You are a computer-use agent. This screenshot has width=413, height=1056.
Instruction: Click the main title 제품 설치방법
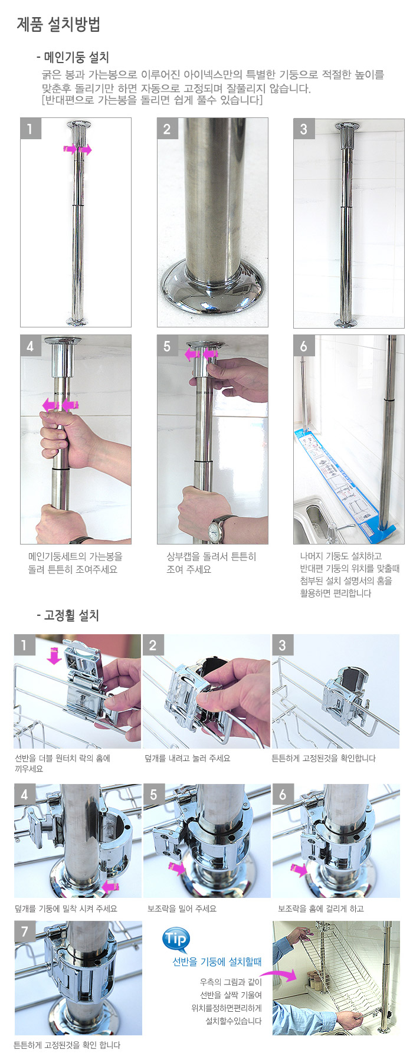[x=58, y=24]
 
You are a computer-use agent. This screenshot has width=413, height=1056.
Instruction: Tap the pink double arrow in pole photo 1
[x=78, y=150]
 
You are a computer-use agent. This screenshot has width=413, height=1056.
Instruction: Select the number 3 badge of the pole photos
[x=304, y=129]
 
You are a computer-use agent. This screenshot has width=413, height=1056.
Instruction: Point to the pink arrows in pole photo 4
[x=61, y=405]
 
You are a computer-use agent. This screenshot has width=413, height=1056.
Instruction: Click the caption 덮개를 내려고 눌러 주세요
[x=188, y=759]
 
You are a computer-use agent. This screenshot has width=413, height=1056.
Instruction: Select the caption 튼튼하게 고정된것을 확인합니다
[x=323, y=759]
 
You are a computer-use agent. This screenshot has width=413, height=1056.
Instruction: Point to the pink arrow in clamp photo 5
[x=176, y=868]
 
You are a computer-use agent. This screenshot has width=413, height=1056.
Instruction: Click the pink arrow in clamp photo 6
[x=299, y=869]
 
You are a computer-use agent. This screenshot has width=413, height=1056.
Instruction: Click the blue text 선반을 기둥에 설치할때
[x=217, y=962]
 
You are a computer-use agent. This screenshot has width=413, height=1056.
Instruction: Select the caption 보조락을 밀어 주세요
[x=182, y=909]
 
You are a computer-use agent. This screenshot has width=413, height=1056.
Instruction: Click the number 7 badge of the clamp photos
[x=25, y=932]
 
